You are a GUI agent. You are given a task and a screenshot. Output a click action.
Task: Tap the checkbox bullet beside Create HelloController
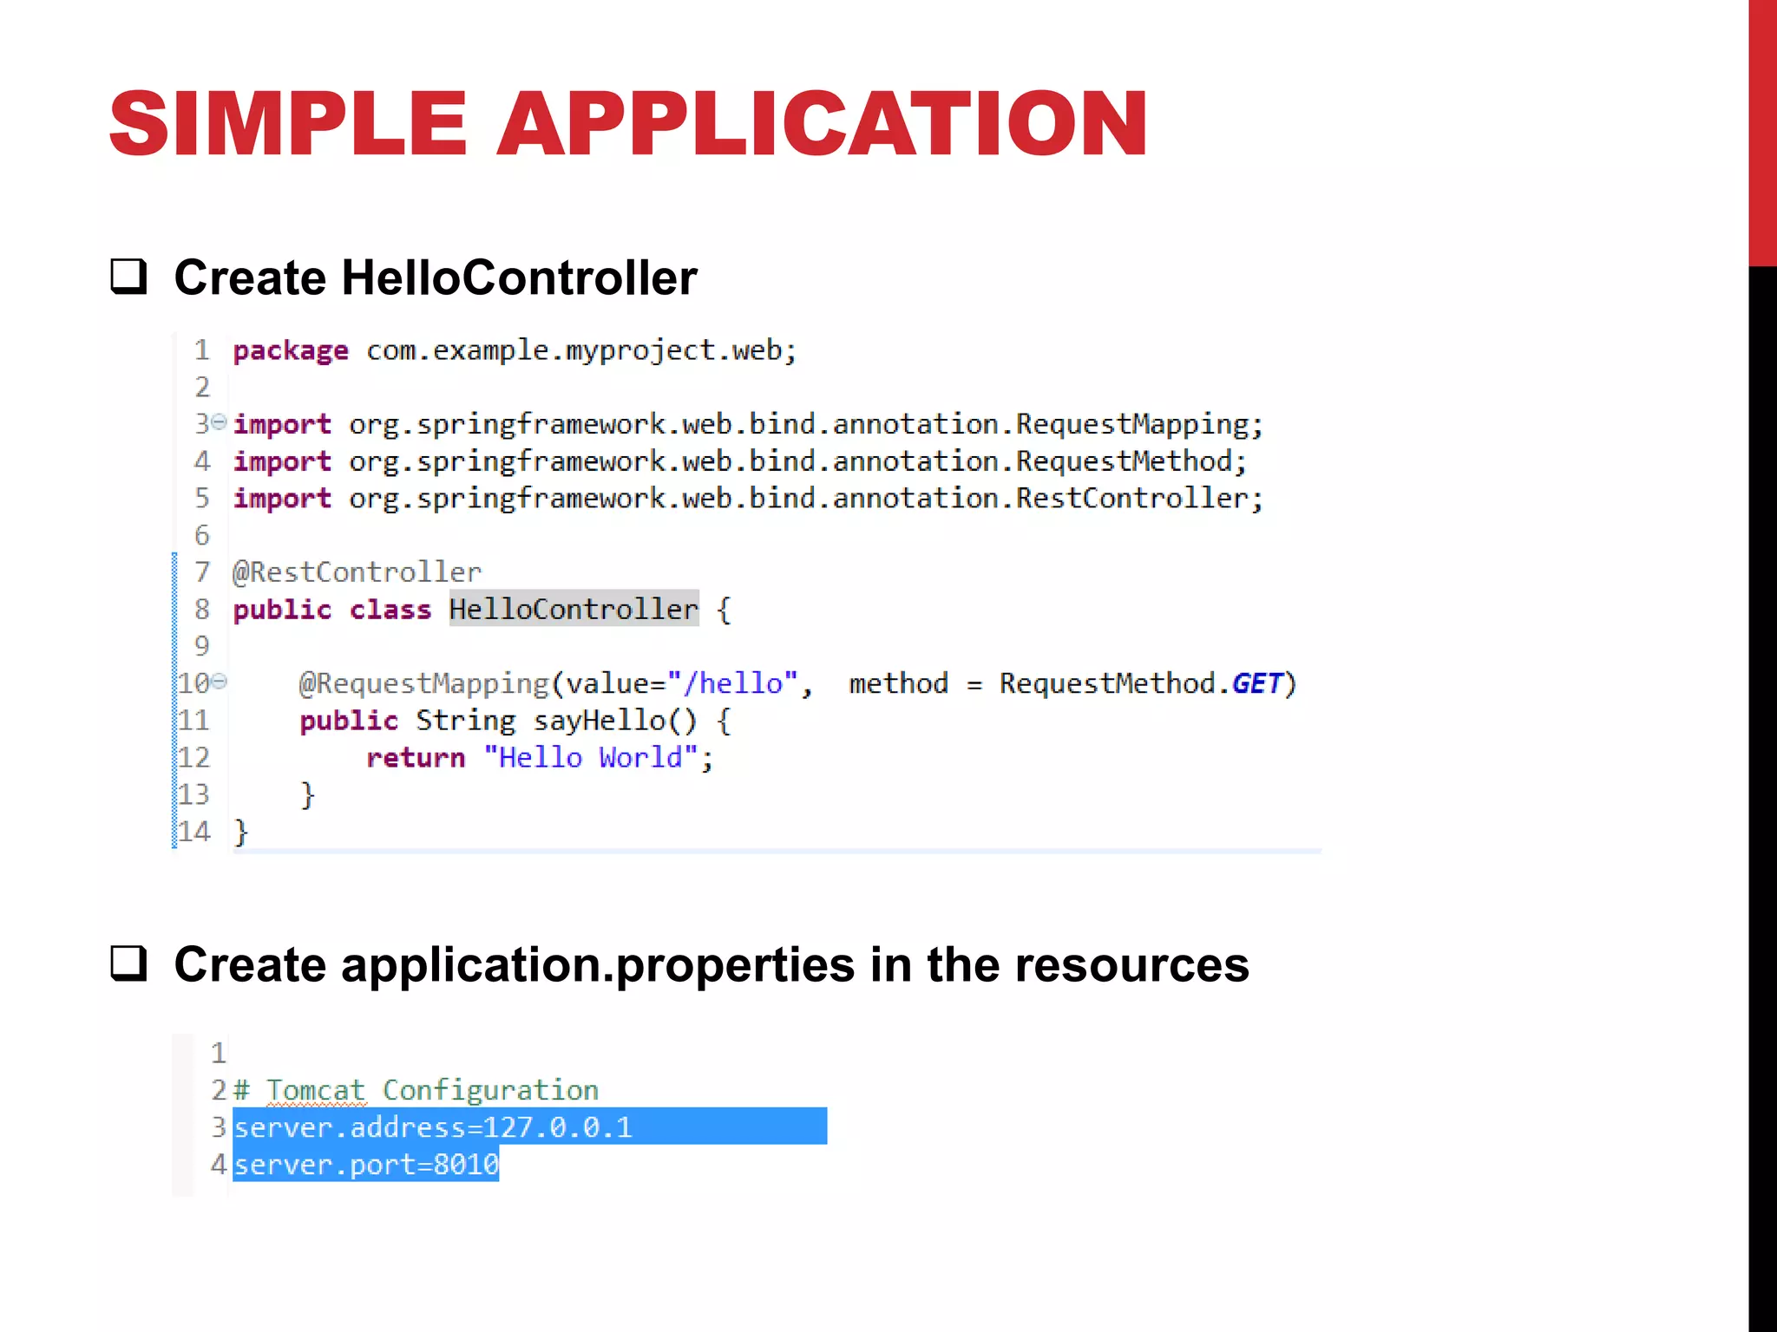pos(128,277)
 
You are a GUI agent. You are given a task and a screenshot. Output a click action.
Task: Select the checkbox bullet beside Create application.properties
pos(128,963)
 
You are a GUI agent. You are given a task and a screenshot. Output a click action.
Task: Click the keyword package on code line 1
pos(290,351)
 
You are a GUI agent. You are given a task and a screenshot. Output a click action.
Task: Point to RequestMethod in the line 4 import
pos(1130,461)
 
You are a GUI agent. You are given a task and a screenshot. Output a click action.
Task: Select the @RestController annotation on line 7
pos(357,572)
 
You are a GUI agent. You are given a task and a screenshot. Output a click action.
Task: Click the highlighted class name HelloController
pos(573,610)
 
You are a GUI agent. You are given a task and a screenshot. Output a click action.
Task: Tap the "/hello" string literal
pos(732,683)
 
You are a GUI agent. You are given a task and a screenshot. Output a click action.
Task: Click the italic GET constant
pos(1256,683)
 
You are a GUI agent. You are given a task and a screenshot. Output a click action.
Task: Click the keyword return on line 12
pos(416,758)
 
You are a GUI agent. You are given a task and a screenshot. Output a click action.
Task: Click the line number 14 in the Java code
pos(193,832)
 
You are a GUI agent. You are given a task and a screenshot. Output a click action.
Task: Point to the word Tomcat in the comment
pos(315,1090)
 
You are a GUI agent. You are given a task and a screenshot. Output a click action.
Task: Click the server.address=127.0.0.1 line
pos(433,1127)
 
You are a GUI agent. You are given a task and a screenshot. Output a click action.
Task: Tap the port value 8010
pos(466,1165)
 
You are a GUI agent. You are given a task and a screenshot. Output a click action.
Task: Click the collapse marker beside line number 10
pos(220,682)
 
